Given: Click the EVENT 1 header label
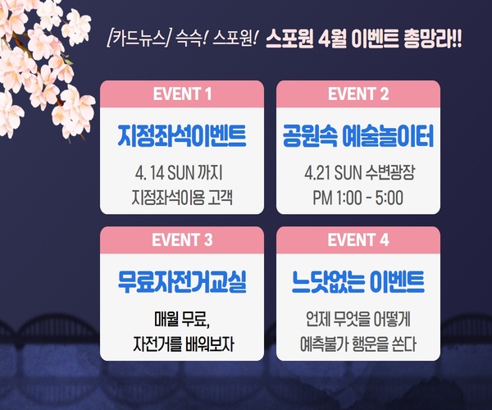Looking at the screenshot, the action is pos(182,93).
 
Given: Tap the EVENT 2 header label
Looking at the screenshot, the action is pos(358,93).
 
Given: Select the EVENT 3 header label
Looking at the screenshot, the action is pos(182,240).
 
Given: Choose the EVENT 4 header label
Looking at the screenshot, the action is pos(358,240).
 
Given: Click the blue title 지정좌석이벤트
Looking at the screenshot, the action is pos(182,136).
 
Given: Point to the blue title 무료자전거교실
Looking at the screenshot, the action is pos(182,282).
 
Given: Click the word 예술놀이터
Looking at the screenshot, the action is pos(388,136).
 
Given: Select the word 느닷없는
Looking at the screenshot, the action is pos(326,282).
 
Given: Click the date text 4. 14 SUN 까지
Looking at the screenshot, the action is pos(179,173).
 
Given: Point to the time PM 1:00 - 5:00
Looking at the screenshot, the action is pos(358,198).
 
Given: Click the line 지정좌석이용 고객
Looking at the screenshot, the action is pos(182,198).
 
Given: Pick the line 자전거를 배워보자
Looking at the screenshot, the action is pos(184,344).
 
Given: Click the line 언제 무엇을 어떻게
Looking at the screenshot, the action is pos(358,319).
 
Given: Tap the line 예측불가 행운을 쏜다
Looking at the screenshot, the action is pos(358,344).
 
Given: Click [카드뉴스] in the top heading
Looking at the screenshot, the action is pos(138,39).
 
